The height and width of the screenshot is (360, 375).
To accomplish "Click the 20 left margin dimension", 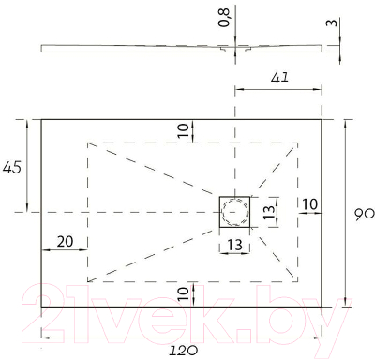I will point(65,241).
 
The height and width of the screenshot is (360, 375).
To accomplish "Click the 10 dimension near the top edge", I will point(183,130).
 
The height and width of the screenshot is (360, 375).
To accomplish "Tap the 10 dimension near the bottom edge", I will point(183,293).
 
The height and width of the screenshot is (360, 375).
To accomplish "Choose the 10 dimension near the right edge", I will point(309,204).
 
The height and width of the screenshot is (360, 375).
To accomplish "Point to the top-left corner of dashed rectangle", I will point(87,142).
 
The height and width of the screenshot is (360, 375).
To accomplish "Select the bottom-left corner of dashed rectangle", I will point(87,282).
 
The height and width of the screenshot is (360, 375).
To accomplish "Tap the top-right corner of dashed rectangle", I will point(298,142).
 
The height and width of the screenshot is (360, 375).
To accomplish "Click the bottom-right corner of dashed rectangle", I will point(298,282).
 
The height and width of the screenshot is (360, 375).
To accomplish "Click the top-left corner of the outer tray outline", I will point(41,119).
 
